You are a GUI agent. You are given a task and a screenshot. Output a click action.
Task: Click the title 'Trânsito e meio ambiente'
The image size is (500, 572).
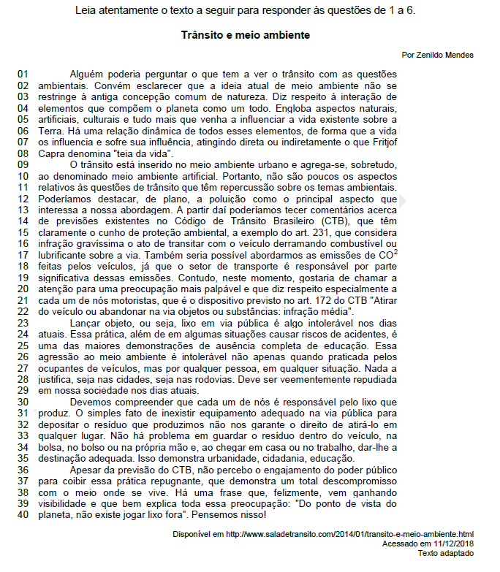click(246, 35)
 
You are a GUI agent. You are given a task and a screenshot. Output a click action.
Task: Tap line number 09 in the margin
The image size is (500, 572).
click(22, 165)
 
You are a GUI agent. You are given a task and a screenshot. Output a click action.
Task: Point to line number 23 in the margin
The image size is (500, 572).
click(22, 321)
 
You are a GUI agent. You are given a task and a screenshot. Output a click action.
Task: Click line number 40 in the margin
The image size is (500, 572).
click(22, 514)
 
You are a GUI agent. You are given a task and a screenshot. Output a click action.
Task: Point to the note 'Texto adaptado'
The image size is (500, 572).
click(445, 553)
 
